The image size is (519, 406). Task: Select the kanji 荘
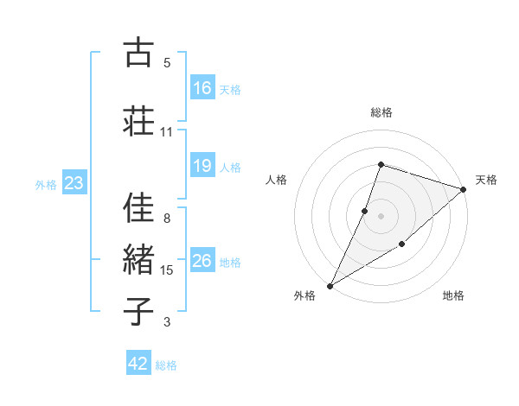point(138,120)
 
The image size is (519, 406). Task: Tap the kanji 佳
point(138,207)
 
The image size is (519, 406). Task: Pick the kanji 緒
point(138,259)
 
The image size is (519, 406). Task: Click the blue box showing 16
point(202,87)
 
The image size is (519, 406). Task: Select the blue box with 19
point(202,166)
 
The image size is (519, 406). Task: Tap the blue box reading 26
point(202,261)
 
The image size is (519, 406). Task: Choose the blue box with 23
point(74,183)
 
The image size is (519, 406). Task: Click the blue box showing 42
point(138,364)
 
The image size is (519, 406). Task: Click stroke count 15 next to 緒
point(167,270)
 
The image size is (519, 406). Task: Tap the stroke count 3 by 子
point(167,322)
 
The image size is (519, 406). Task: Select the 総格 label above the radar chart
point(381,112)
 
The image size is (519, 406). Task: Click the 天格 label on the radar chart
point(486,180)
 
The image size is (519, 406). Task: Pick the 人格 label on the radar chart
point(276,180)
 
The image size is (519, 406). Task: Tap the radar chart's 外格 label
point(304,295)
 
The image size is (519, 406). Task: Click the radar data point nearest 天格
point(464,189)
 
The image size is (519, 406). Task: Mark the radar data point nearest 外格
point(330,286)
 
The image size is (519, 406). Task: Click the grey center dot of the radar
point(381,216)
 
